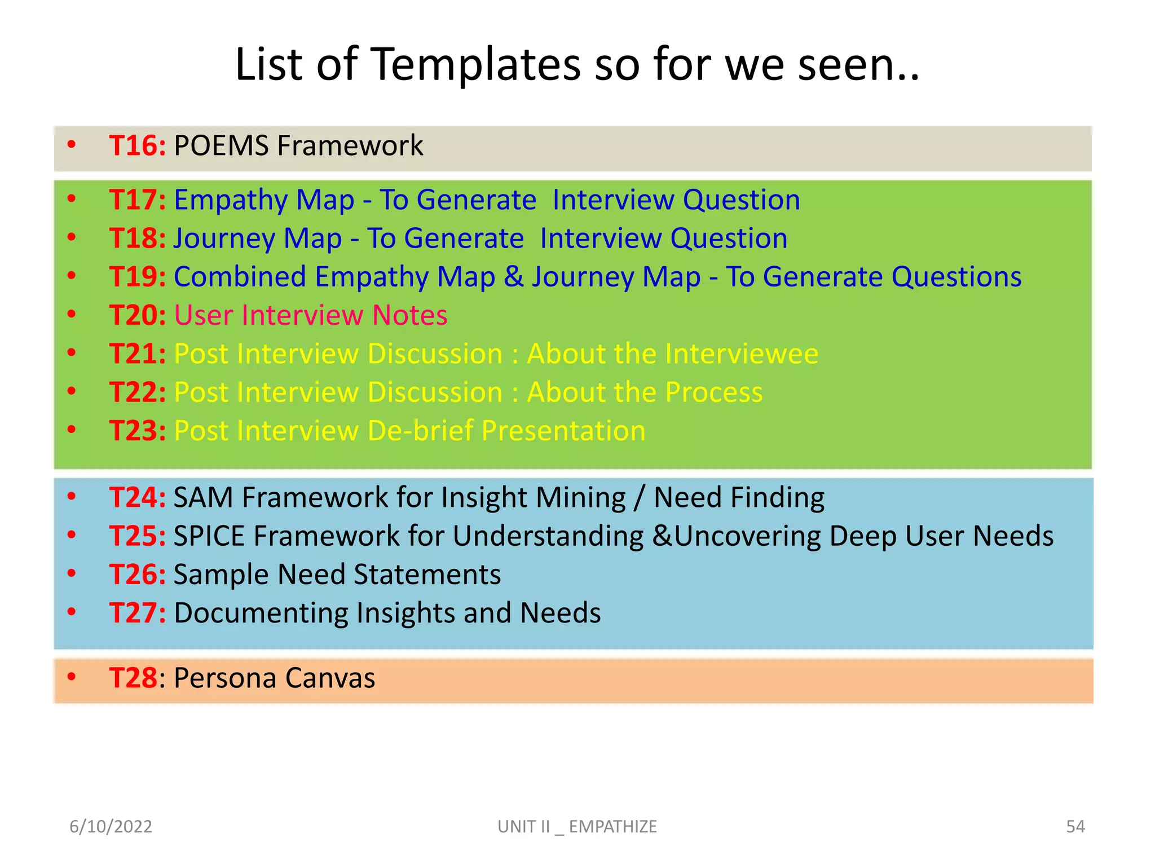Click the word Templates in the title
(477, 65)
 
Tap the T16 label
(137, 145)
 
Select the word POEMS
(221, 145)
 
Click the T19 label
(137, 277)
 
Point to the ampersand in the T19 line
(513, 277)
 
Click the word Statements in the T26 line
(427, 575)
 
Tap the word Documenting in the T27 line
(261, 613)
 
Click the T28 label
(134, 678)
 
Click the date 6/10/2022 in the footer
(111, 827)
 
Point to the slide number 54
(1075, 827)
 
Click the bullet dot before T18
(72, 237)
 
